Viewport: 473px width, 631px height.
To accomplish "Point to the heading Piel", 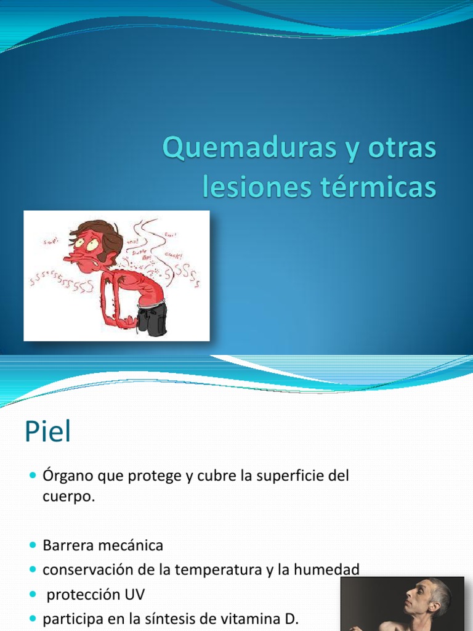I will pos(48,433).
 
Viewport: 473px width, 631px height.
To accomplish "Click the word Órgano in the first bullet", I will pos(67,476).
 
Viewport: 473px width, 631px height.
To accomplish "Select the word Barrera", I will pos(67,545).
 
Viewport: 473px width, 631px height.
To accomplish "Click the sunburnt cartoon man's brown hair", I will pos(102,229).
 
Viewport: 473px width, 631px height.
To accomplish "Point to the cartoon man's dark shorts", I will pos(152,319).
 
